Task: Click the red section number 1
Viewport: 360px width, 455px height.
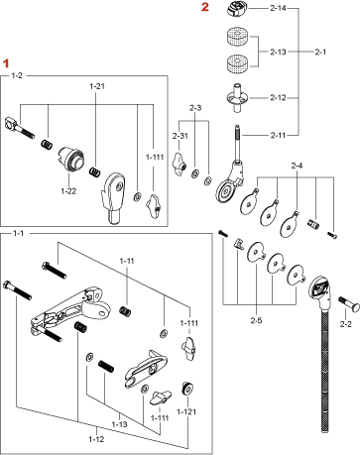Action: click(x=6, y=63)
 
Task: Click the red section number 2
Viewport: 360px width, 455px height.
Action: click(x=205, y=7)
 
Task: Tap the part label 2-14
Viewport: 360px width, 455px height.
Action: click(x=278, y=8)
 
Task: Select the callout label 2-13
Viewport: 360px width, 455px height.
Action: click(x=278, y=52)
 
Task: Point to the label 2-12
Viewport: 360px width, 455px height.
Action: click(x=278, y=98)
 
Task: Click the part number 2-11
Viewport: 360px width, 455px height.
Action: click(x=278, y=135)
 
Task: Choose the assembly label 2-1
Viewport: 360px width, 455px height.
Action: click(x=320, y=52)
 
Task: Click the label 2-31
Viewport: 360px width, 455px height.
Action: click(x=180, y=136)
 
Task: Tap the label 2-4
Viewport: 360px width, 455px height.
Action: click(x=297, y=166)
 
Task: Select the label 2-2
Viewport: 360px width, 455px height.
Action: click(x=346, y=324)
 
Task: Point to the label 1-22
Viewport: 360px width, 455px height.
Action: click(x=68, y=191)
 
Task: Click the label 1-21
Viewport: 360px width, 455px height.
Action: click(x=97, y=86)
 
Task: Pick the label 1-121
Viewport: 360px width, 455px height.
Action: click(x=186, y=411)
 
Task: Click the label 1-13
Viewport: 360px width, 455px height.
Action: click(x=119, y=424)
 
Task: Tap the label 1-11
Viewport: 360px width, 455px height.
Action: click(x=127, y=261)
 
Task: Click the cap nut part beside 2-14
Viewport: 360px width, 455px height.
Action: click(x=237, y=8)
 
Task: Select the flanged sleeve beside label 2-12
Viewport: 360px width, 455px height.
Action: click(x=237, y=98)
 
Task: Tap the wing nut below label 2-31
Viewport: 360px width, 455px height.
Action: click(x=179, y=164)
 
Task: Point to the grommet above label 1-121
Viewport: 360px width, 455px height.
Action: click(x=187, y=388)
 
